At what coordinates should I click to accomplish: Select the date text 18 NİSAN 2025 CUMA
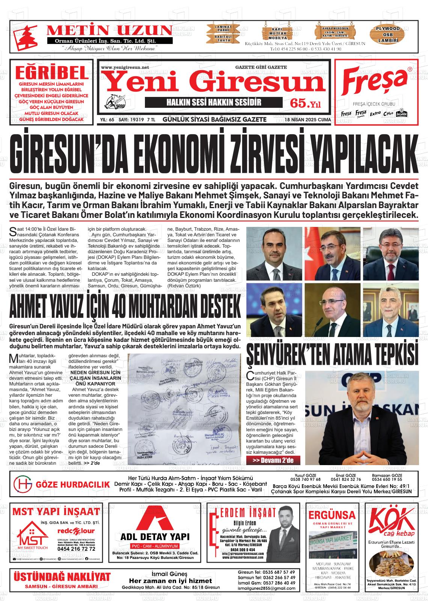tap(308, 120)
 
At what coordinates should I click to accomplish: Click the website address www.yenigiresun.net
tap(125, 68)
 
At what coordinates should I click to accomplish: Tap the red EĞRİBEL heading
tap(51, 71)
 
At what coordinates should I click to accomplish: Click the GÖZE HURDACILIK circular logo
tap(23, 484)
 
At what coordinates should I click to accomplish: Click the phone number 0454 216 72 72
tap(76, 549)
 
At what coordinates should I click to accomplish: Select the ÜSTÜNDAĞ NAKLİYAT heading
tap(62, 577)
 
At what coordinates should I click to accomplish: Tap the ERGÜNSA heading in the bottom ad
tap(332, 514)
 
